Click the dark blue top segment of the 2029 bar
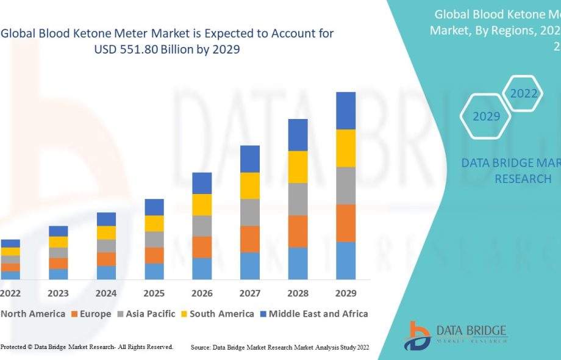pyautogui.click(x=346, y=110)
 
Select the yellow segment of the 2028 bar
pyautogui.click(x=298, y=167)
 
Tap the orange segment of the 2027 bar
pyautogui.click(x=250, y=239)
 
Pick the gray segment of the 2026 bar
pyautogui.click(x=202, y=226)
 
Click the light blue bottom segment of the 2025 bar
pyautogui.click(x=154, y=271)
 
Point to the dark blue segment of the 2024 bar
pyautogui.click(x=106, y=219)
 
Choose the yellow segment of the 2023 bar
pyautogui.click(x=59, y=242)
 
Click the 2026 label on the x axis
pyautogui.click(x=202, y=293)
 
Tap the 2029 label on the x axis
pyautogui.click(x=346, y=293)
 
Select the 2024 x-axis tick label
pyautogui.click(x=106, y=293)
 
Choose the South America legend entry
pyautogui.click(x=221, y=314)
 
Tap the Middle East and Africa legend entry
pyautogui.click(x=318, y=314)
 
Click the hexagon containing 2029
pyautogui.click(x=486, y=117)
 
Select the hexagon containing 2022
pyautogui.click(x=524, y=94)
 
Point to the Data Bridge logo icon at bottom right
pyautogui.click(x=420, y=335)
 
